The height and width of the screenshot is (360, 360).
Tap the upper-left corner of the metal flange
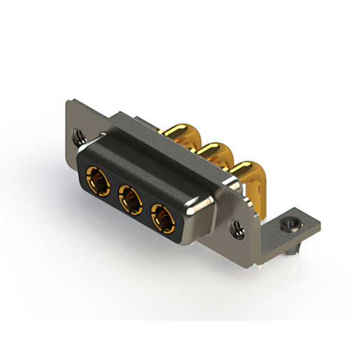tap(68, 101)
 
